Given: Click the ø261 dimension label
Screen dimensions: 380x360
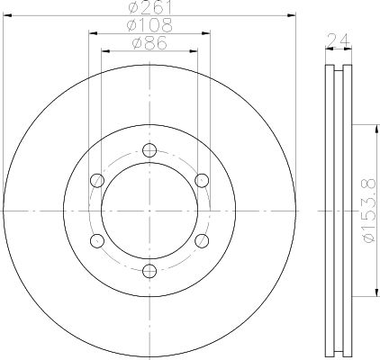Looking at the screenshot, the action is point(150,7).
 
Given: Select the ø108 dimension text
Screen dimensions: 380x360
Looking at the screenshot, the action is point(149,25).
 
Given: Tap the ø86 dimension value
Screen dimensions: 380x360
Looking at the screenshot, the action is point(149,43).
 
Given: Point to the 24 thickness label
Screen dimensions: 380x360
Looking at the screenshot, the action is point(339,40).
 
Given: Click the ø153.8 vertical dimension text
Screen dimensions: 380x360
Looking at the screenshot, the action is point(369,211).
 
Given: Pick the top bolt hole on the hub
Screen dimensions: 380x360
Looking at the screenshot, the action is point(149,150).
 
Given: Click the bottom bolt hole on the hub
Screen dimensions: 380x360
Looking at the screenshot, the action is point(149,271).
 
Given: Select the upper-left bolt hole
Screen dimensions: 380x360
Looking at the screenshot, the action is point(97,180).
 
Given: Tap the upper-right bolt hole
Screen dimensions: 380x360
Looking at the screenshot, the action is point(202,180).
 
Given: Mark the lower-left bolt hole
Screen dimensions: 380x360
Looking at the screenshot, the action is point(97,240).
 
